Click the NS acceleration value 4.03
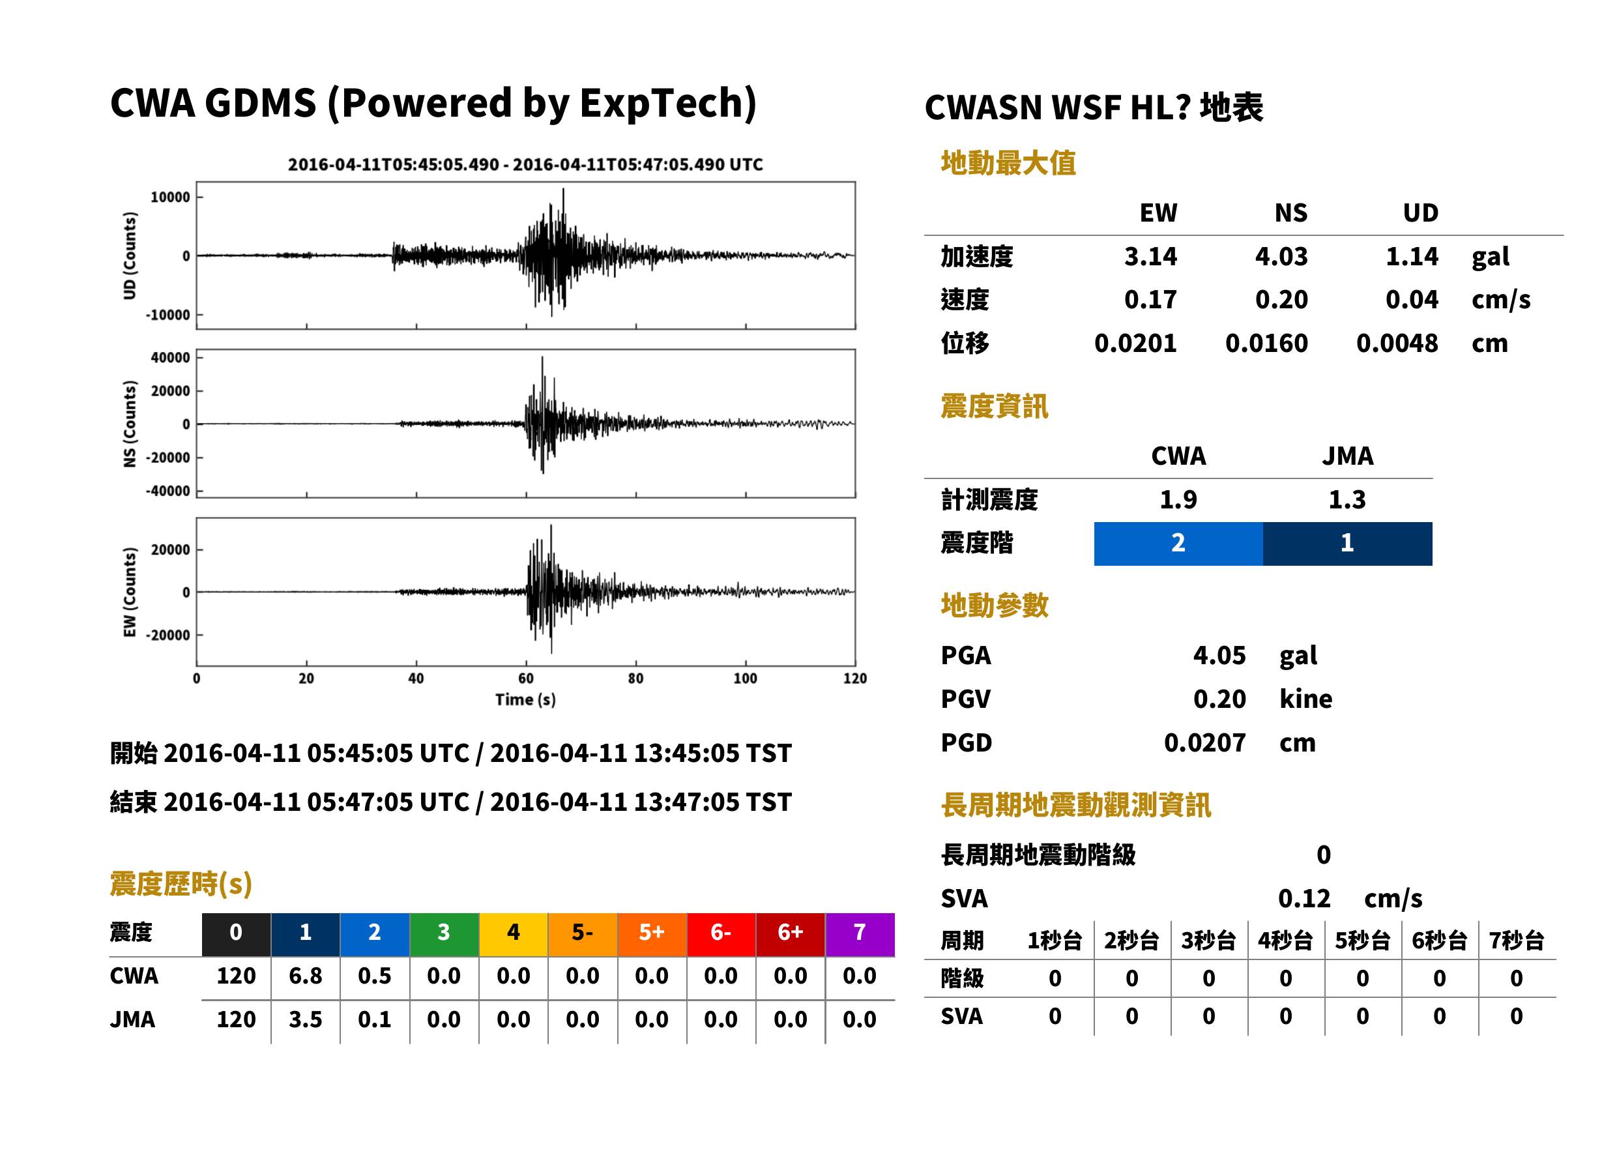tap(1281, 256)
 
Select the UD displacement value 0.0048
tap(1397, 343)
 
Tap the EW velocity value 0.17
tap(1150, 299)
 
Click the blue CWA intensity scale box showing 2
tap(1178, 544)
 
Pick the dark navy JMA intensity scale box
tap(1348, 544)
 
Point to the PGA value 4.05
tap(1219, 655)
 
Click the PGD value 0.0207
tap(1204, 742)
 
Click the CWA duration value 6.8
tap(305, 976)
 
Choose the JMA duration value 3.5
tap(305, 1019)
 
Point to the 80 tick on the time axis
tap(635, 679)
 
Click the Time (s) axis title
tap(525, 700)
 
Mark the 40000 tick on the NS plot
tap(171, 357)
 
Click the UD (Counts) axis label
tap(130, 256)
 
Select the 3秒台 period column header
tap(1208, 941)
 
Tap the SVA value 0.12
tap(1304, 898)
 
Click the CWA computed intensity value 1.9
tap(1178, 499)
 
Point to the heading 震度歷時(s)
tap(181, 884)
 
